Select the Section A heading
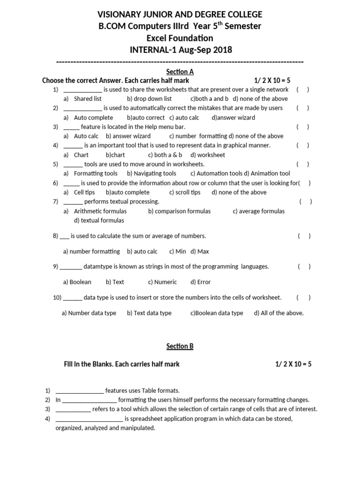(x=180, y=72)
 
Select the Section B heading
(x=180, y=346)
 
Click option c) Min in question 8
(x=178, y=252)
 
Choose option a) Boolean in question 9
(x=77, y=282)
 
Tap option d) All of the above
(x=279, y=313)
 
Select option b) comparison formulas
(x=180, y=211)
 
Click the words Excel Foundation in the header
(x=180, y=38)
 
